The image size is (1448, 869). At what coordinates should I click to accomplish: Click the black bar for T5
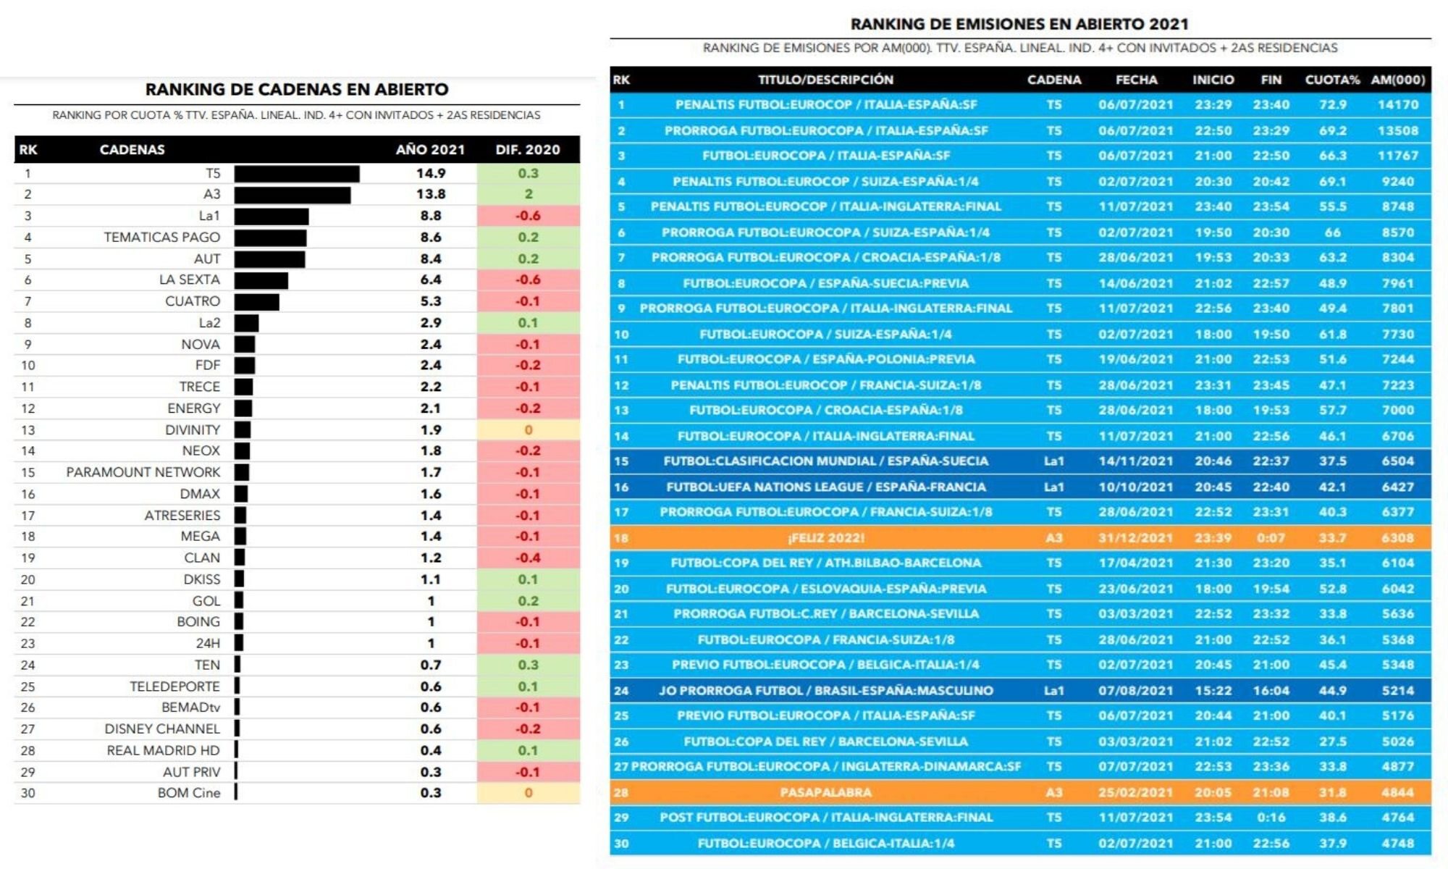point(297,174)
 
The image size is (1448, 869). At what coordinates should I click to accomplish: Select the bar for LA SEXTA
point(261,280)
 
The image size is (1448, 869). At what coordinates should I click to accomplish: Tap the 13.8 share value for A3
point(431,194)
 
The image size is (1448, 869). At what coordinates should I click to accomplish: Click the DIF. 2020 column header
point(528,150)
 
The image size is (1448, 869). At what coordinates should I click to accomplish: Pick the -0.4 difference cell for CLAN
point(528,558)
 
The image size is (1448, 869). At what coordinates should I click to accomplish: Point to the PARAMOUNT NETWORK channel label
point(143,472)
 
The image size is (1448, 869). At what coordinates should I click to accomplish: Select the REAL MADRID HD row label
point(163,750)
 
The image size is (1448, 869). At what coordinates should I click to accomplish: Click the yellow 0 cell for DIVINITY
point(529,430)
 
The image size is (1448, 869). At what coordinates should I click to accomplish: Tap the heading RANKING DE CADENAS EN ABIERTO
point(297,90)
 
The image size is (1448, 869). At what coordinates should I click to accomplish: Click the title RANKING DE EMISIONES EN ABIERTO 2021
point(1019,24)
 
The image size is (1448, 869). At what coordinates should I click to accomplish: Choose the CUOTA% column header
point(1332,80)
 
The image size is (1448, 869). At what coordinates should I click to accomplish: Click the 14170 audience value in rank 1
point(1398,105)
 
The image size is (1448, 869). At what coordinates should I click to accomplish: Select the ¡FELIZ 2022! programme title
point(825,538)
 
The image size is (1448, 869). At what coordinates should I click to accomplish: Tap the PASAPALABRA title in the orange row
point(825,792)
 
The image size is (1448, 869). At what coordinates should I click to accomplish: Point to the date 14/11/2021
point(1135,461)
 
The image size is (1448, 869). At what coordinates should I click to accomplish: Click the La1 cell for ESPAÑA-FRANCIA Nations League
point(1054,487)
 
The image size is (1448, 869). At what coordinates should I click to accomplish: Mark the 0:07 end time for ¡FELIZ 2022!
point(1271,538)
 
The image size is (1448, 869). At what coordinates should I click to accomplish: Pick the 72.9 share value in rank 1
point(1332,105)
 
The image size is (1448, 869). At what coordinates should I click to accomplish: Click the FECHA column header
point(1136,80)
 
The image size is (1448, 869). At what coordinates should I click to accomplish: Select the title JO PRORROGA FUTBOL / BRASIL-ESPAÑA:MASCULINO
point(825,691)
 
